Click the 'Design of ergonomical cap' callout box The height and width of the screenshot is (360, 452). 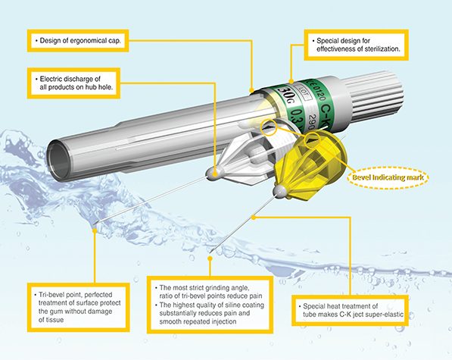click(x=78, y=41)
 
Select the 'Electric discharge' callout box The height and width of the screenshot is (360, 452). click(x=73, y=83)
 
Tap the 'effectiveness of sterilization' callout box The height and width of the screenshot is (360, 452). click(x=357, y=45)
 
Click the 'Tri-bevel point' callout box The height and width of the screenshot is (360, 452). click(x=79, y=307)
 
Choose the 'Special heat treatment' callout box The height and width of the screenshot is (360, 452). click(x=350, y=311)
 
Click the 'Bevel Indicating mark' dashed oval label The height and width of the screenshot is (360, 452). click(x=388, y=177)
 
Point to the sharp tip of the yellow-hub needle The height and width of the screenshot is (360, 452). click(x=210, y=252)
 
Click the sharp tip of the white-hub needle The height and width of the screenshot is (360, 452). click(x=95, y=224)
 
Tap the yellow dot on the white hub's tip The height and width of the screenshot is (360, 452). click(x=215, y=174)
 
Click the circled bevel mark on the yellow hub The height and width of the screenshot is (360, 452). click(x=313, y=140)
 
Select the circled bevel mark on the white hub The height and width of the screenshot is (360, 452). click(x=268, y=127)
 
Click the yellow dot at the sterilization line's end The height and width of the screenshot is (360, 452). click(x=291, y=82)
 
